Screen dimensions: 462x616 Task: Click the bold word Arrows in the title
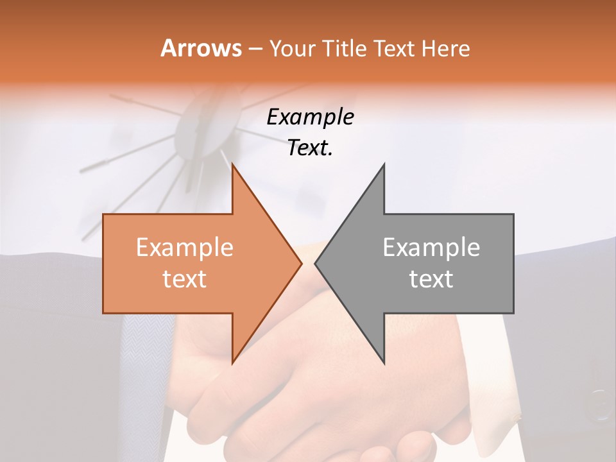click(201, 48)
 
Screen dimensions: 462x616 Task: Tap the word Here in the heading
click(445, 48)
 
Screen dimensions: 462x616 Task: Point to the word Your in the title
click(291, 48)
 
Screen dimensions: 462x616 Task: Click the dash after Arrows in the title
click(255, 49)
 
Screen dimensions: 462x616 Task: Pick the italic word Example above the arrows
click(310, 117)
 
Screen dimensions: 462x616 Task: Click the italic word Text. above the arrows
click(310, 148)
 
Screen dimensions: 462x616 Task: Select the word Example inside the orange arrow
click(185, 248)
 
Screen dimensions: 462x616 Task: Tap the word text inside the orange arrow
click(185, 279)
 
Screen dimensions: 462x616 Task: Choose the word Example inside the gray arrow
click(431, 248)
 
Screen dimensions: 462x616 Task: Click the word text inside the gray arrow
click(431, 279)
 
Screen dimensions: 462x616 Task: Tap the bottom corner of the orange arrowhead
click(233, 363)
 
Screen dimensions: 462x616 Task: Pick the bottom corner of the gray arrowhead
click(384, 363)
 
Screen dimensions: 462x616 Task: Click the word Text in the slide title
click(395, 48)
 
